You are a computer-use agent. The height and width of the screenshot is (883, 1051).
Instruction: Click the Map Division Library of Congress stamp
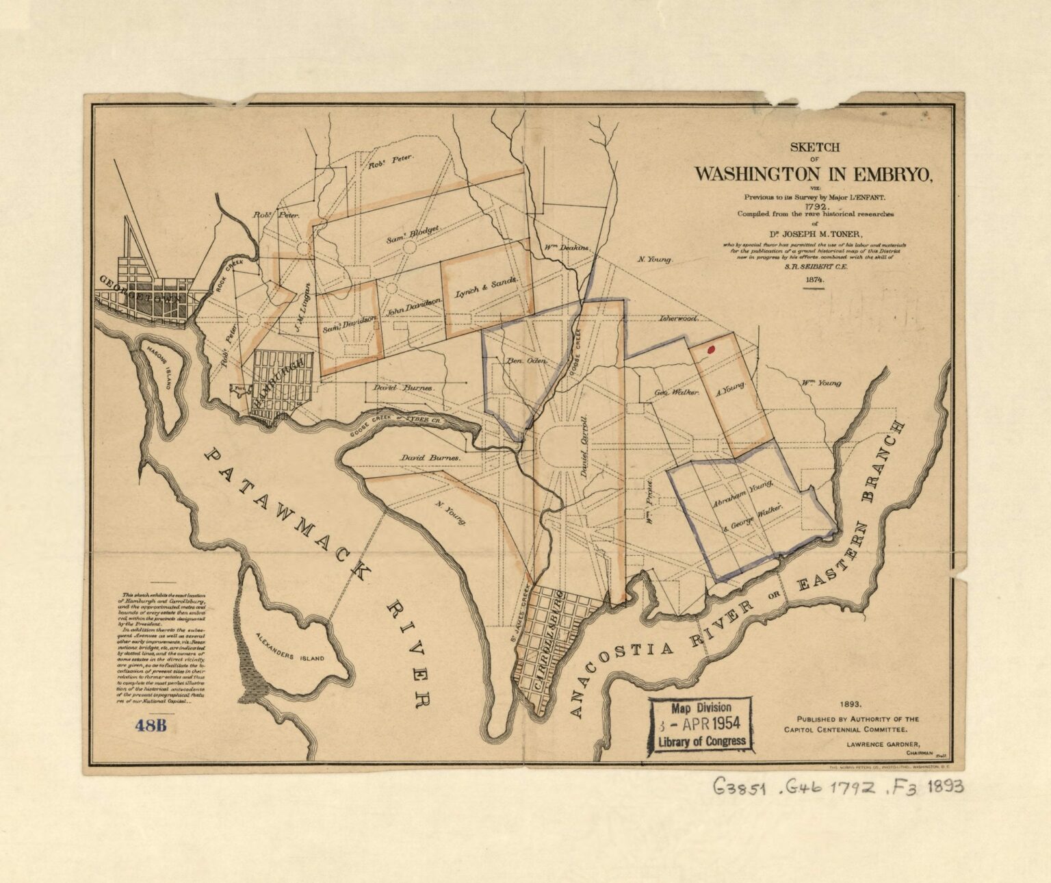click(x=700, y=725)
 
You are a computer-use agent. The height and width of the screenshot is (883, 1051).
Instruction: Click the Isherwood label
click(x=677, y=319)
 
